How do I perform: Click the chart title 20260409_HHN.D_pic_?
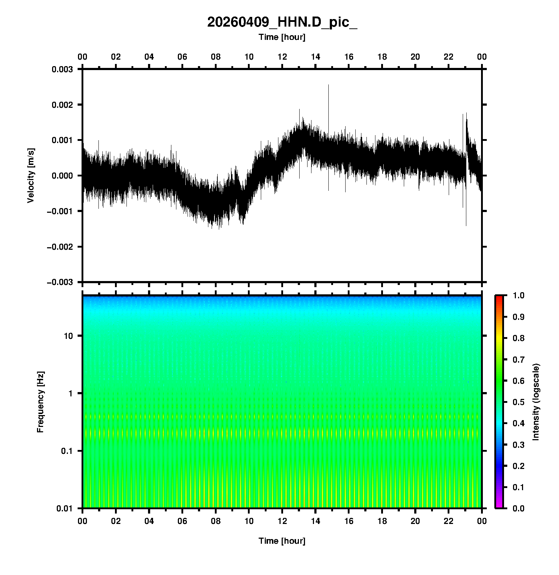click(x=282, y=22)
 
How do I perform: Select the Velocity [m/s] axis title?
click(x=31, y=175)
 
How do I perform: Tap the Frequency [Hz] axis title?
click(x=40, y=402)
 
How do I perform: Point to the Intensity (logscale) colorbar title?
click(x=536, y=402)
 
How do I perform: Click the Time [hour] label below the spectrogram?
click(x=282, y=541)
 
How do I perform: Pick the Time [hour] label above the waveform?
click(x=282, y=37)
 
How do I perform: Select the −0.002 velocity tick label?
click(x=60, y=247)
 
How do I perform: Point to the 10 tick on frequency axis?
click(x=68, y=336)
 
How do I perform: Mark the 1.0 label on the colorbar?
click(x=519, y=295)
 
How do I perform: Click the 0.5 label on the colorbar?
click(x=519, y=402)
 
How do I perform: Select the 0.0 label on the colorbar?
click(x=519, y=508)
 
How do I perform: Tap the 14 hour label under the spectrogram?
click(x=315, y=521)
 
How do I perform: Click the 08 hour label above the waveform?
click(x=216, y=57)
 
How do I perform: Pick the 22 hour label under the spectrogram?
click(x=448, y=521)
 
